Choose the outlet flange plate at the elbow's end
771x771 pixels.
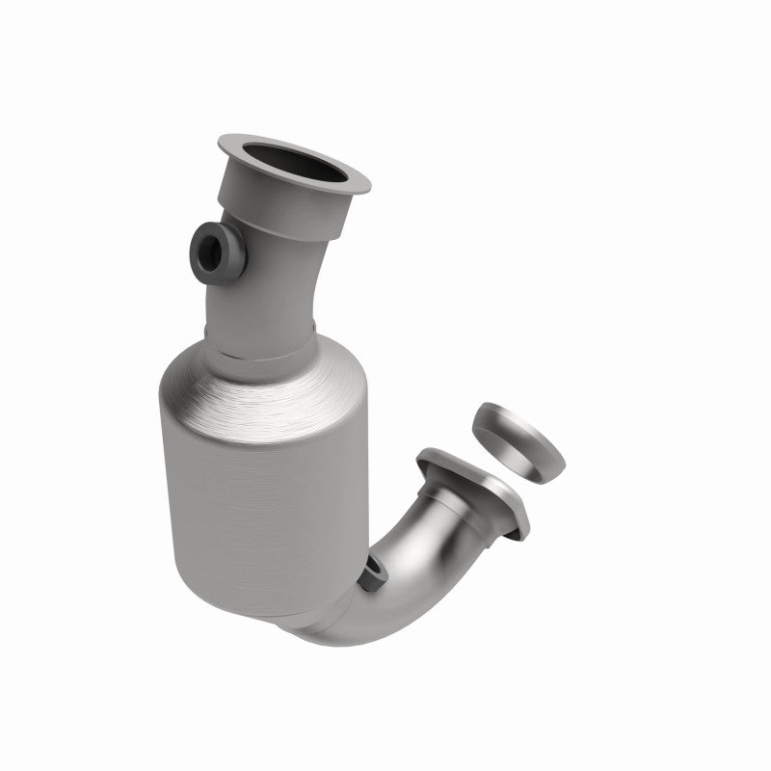(x=482, y=492)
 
